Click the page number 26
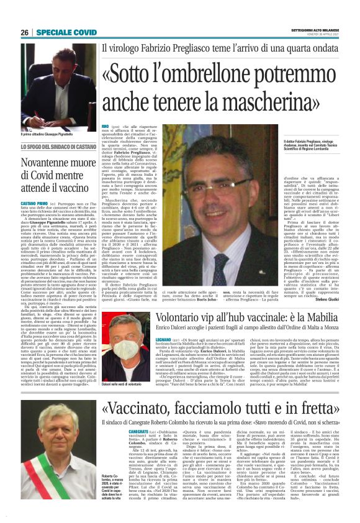(24, 32)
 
